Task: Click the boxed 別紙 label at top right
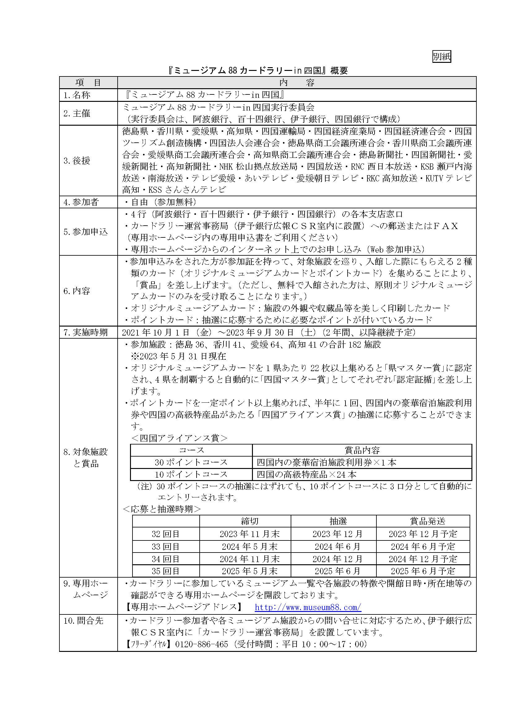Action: [x=441, y=56]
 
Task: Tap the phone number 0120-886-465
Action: [x=202, y=644]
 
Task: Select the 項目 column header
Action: [x=88, y=83]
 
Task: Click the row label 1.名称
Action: [x=77, y=95]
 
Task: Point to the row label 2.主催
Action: [x=77, y=113]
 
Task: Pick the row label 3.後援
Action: [x=77, y=161]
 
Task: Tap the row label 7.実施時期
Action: [x=85, y=332]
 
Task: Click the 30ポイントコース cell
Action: [x=191, y=462]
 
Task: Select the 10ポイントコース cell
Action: [x=191, y=474]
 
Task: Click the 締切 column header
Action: [x=250, y=521]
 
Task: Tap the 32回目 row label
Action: [x=166, y=534]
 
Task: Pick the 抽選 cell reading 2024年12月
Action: [x=338, y=559]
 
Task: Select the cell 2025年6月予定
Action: [x=423, y=571]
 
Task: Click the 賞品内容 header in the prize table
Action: [x=362, y=450]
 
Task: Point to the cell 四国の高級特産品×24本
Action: [x=306, y=475]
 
